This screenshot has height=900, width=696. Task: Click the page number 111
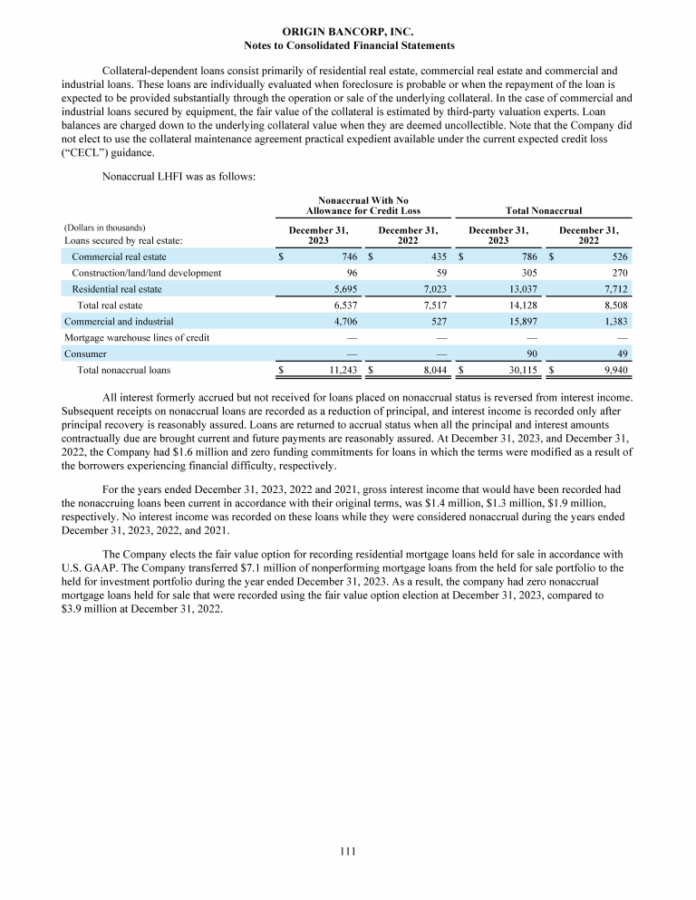point(348,851)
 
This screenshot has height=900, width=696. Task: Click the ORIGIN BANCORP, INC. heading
point(348,31)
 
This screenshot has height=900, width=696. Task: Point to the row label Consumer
point(85,353)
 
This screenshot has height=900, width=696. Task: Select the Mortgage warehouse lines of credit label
point(136,337)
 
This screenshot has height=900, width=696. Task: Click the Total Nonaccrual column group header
point(543,210)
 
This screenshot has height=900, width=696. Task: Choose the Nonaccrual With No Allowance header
point(362,204)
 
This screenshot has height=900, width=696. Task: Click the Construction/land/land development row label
point(146,273)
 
